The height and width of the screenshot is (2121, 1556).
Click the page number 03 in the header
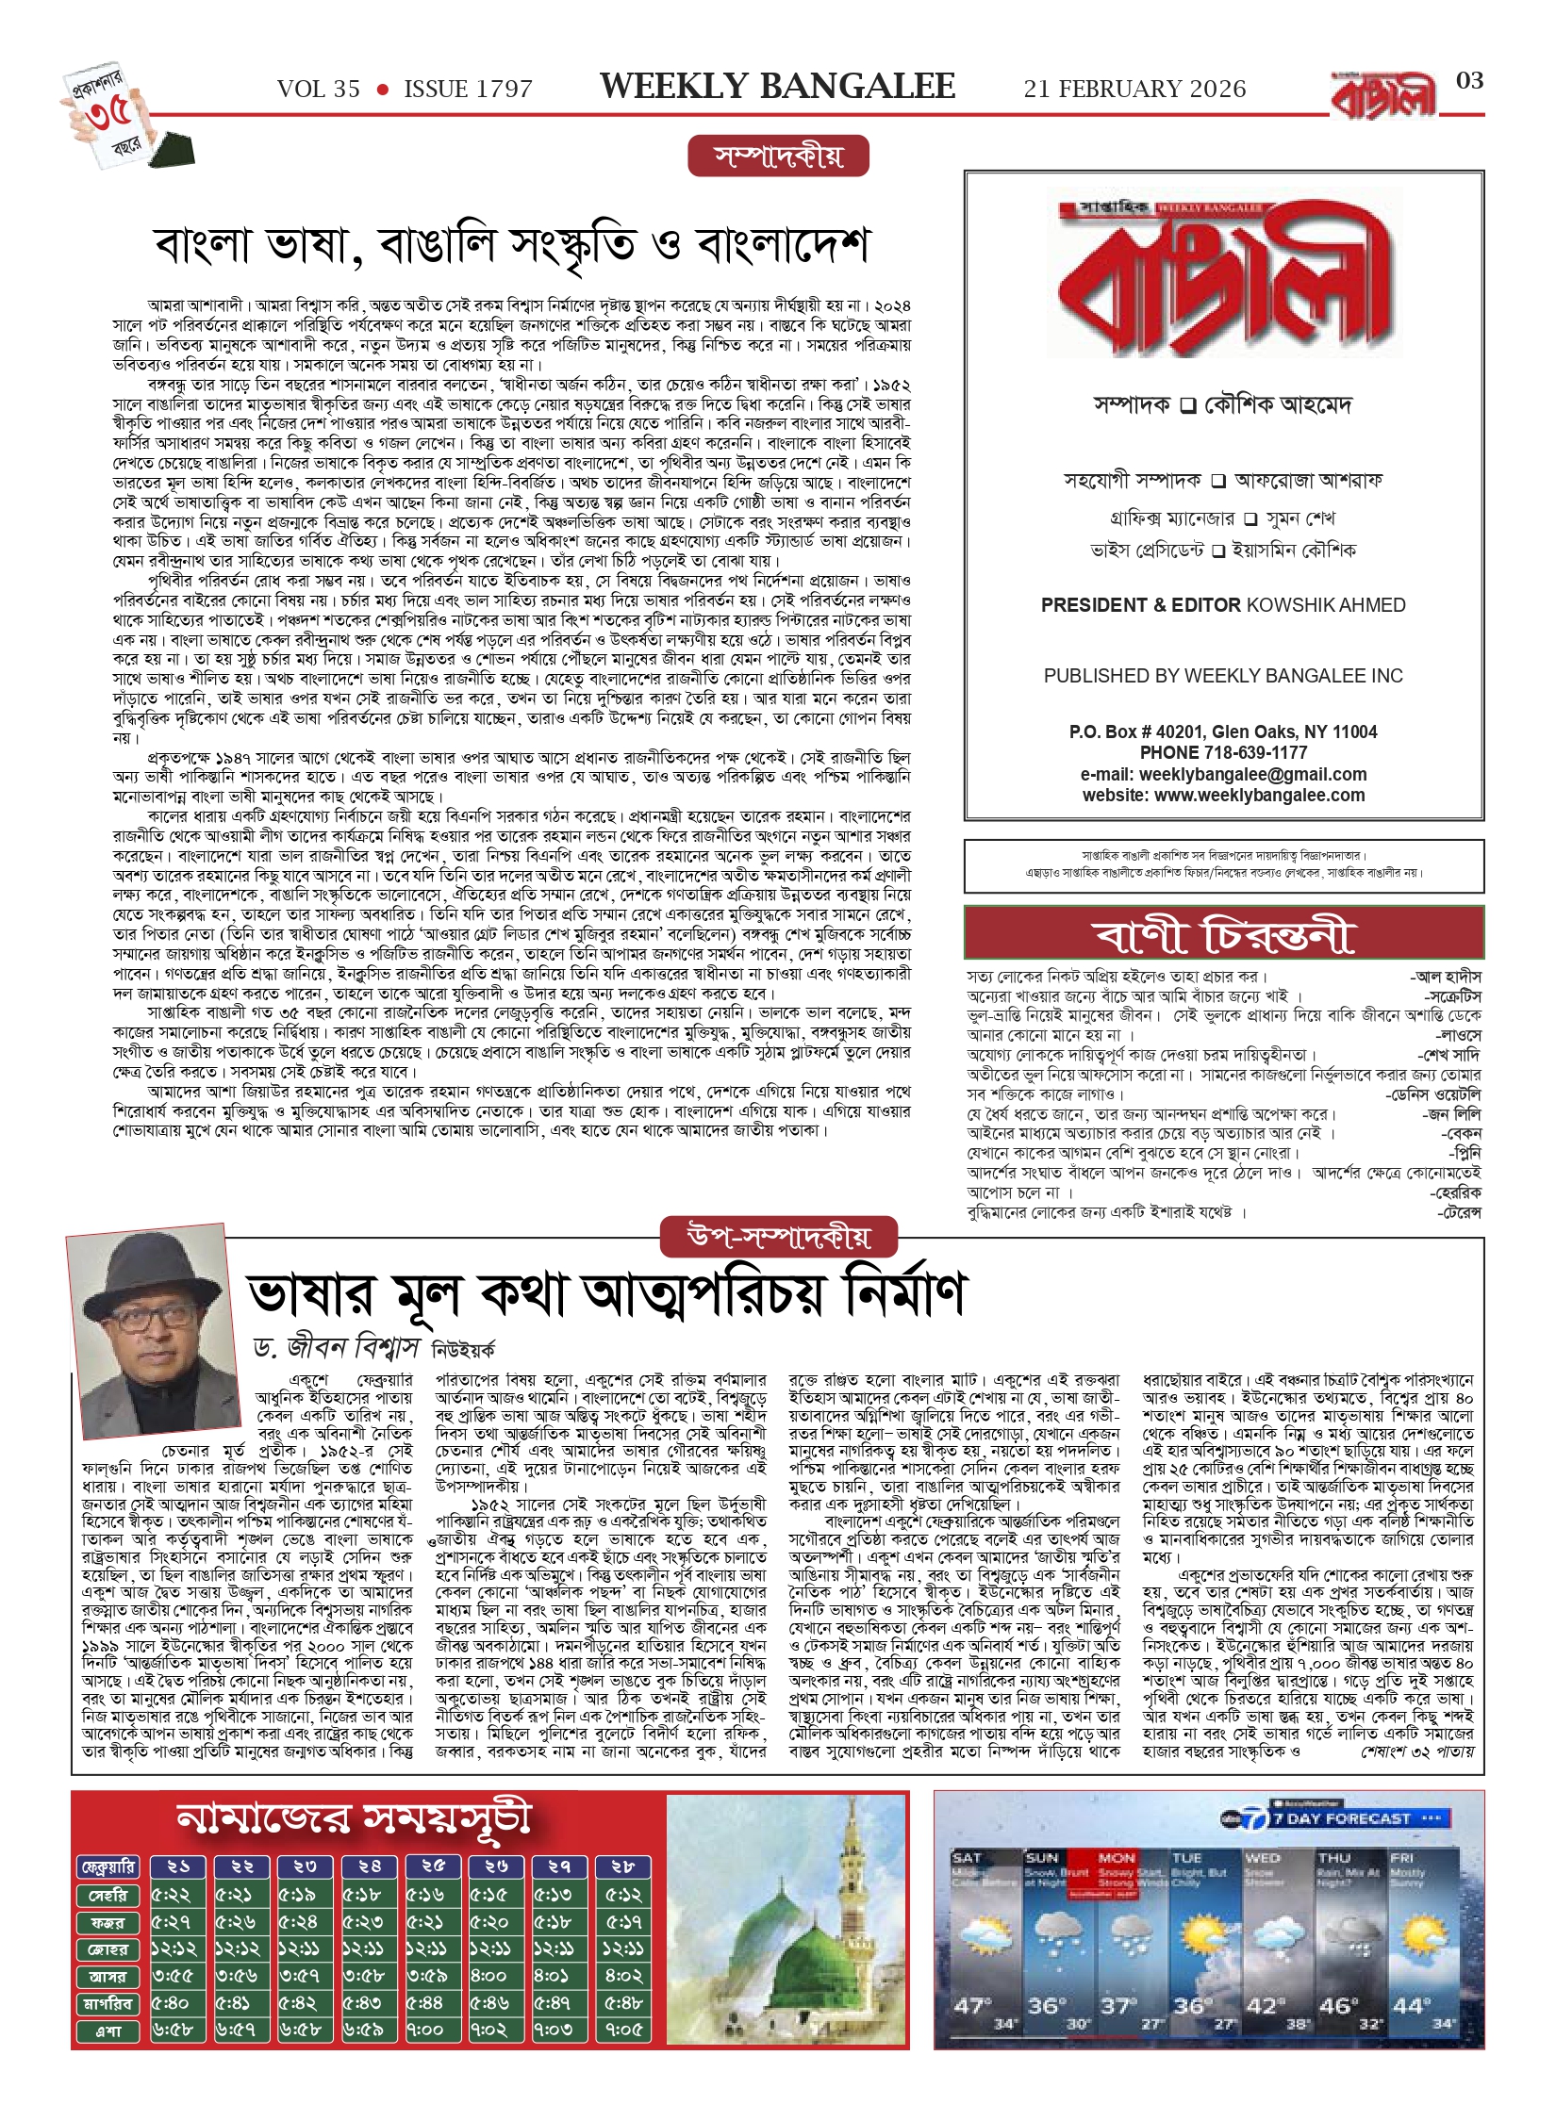(x=1469, y=81)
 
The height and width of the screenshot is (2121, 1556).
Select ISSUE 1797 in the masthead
(x=468, y=90)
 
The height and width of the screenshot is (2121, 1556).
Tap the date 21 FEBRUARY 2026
(x=1134, y=90)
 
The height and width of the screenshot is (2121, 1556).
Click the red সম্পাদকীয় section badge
(x=778, y=156)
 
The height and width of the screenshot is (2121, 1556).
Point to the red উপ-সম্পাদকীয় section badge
(x=779, y=1237)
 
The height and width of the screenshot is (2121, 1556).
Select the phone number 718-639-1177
(x=1254, y=752)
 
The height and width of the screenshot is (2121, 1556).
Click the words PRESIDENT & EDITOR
(x=1141, y=605)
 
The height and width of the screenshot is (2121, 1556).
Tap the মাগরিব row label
(x=108, y=2003)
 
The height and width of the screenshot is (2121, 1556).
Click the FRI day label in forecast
(x=1400, y=1857)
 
